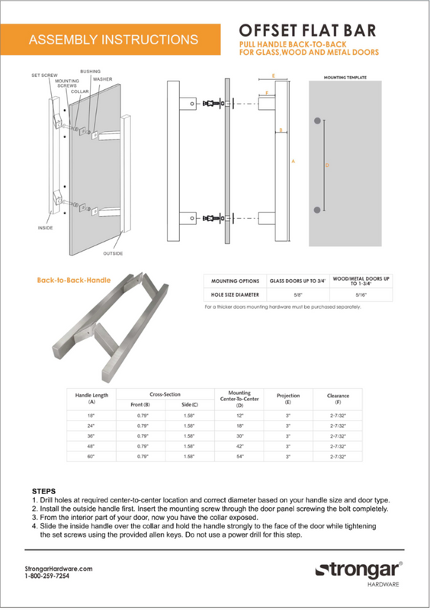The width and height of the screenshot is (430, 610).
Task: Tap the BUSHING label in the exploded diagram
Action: click(90, 71)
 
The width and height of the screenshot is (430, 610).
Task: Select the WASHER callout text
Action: click(103, 79)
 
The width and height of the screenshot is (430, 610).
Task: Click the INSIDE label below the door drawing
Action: click(46, 228)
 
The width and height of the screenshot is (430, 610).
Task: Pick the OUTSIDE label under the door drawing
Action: click(113, 253)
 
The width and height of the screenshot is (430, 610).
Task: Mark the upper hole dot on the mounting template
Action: click(316, 121)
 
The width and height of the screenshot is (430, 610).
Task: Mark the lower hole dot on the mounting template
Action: click(316, 210)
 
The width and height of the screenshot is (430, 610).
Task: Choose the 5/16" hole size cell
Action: click(362, 294)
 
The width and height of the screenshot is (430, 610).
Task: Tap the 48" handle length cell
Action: click(91, 445)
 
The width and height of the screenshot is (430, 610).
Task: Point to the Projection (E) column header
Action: click(287, 398)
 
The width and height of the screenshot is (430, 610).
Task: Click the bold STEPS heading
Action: click(43, 491)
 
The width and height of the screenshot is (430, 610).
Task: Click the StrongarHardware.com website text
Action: click(59, 569)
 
